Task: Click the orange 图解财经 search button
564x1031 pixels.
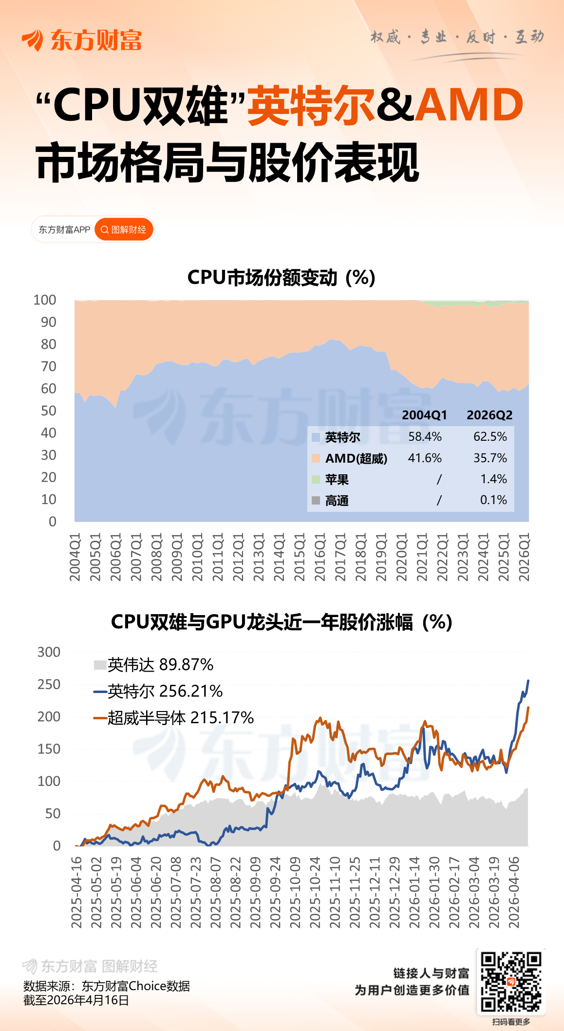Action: tap(124, 229)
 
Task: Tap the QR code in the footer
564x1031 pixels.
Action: tap(511, 981)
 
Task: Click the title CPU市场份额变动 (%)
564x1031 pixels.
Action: tap(281, 278)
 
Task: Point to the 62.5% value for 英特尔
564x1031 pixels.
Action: tap(490, 436)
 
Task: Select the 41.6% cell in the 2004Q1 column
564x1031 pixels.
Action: tap(425, 458)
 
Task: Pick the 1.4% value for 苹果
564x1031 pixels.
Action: tap(493, 479)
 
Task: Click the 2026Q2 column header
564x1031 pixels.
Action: tap(489, 415)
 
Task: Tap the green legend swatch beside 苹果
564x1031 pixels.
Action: tap(316, 479)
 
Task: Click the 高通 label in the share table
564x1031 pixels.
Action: tap(337, 501)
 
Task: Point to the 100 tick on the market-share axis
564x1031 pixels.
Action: tap(45, 300)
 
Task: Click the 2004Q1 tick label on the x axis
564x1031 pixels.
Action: tap(75, 557)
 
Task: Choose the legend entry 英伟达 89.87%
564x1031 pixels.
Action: tap(153, 665)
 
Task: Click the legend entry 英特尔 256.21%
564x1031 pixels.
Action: tap(158, 691)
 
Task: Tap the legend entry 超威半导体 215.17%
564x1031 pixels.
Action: tap(173, 717)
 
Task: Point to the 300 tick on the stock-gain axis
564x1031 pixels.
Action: tap(49, 652)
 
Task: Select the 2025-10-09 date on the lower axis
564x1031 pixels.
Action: tap(295, 893)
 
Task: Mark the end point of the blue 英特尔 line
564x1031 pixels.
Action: tap(528, 681)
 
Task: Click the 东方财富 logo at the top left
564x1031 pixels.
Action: tap(82, 40)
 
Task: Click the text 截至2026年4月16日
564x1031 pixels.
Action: tap(76, 1000)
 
